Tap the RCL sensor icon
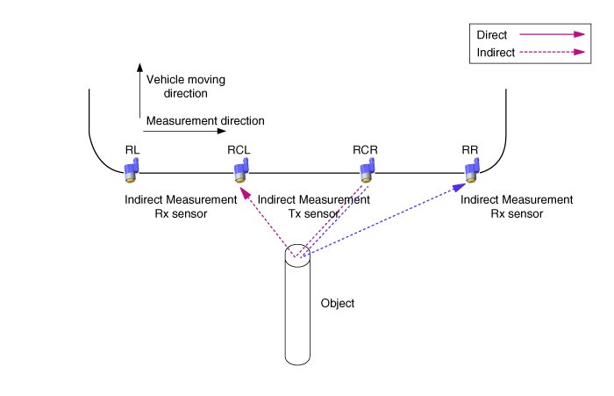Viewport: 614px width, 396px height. [x=239, y=169]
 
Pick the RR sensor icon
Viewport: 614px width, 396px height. [x=471, y=169]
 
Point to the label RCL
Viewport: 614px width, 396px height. [x=239, y=150]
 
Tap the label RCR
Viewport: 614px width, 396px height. [x=365, y=150]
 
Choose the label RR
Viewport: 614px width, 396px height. [x=469, y=150]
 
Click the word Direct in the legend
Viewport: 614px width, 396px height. [x=490, y=35]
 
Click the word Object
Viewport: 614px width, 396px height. [x=338, y=303]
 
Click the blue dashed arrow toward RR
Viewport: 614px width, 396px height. [x=386, y=220]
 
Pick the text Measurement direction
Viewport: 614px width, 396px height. [x=205, y=120]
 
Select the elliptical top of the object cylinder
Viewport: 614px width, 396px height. [x=298, y=256]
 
